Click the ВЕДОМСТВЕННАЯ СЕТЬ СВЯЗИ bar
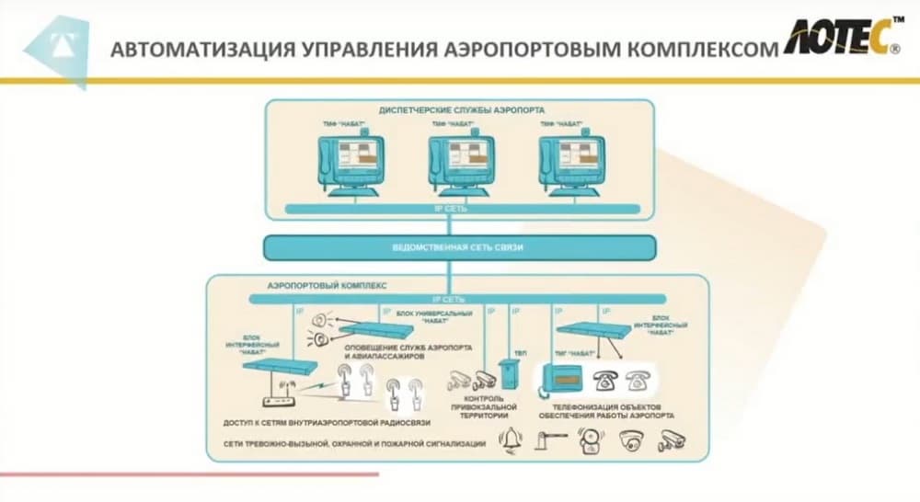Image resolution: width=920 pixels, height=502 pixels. (x=459, y=247)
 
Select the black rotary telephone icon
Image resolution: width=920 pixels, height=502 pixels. (x=604, y=377)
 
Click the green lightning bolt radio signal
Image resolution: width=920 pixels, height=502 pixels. (x=316, y=391)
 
